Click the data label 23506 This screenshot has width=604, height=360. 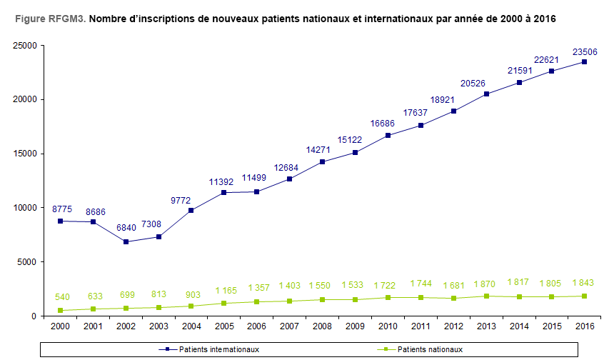click(584, 51)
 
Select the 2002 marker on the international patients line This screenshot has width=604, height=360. click(126, 241)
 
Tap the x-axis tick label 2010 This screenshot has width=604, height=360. click(388, 326)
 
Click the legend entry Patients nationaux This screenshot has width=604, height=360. click(431, 349)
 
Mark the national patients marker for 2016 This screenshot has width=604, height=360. click(584, 296)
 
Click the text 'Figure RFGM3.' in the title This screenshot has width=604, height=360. click(48, 19)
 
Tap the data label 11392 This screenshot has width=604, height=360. click(224, 181)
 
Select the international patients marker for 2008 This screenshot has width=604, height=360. click(322, 161)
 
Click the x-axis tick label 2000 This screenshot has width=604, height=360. click(61, 326)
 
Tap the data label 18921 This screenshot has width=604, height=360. click(453, 99)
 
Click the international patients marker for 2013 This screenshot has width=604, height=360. click(485, 94)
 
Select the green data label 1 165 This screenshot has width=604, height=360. click(224, 291)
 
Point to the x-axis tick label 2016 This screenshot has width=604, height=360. click(584, 326)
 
